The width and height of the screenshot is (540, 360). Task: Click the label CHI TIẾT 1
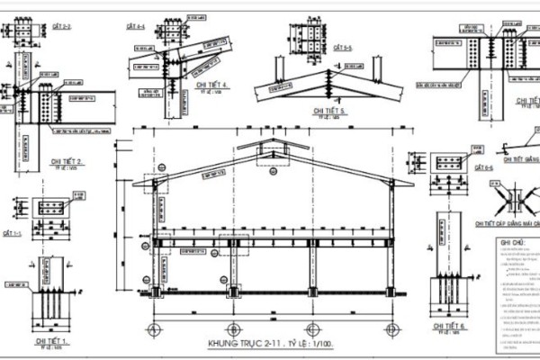[51, 341]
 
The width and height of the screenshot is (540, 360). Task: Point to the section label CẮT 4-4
[135, 27]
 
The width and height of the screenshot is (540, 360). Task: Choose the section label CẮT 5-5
[343, 47]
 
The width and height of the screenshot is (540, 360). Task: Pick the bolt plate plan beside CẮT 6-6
[449, 163]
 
